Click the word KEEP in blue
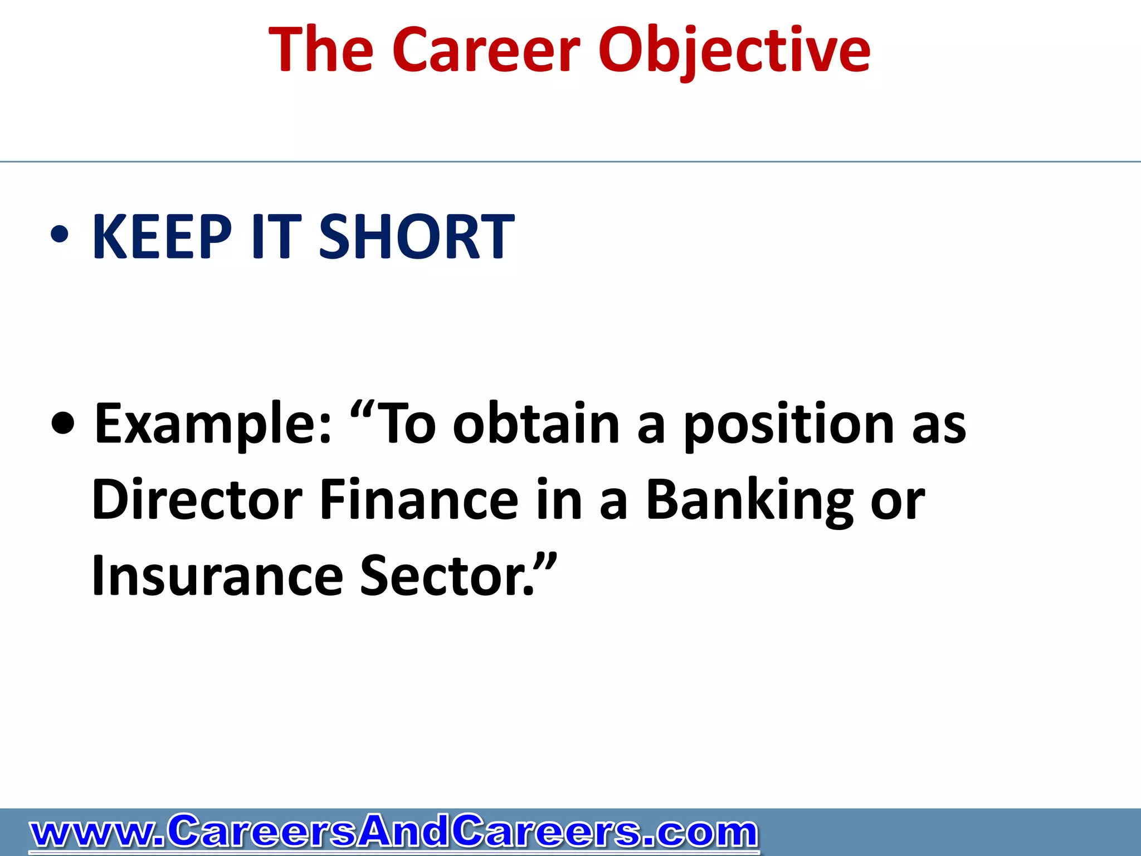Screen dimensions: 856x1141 click(162, 237)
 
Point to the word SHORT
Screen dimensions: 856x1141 click(416, 237)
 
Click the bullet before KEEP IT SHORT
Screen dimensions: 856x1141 click(60, 235)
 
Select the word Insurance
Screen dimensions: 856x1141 click(217, 576)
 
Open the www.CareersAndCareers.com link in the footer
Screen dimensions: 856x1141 click(393, 832)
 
